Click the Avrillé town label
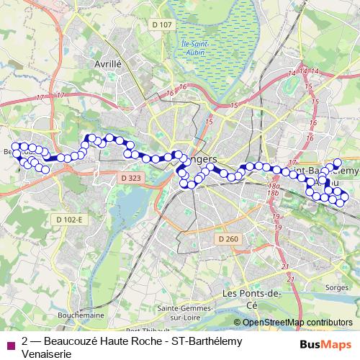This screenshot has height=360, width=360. pyautogui.click(x=108, y=63)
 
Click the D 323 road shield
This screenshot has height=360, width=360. pyautogui.click(x=131, y=177)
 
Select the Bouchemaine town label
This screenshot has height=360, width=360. pyautogui.click(x=81, y=315)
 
